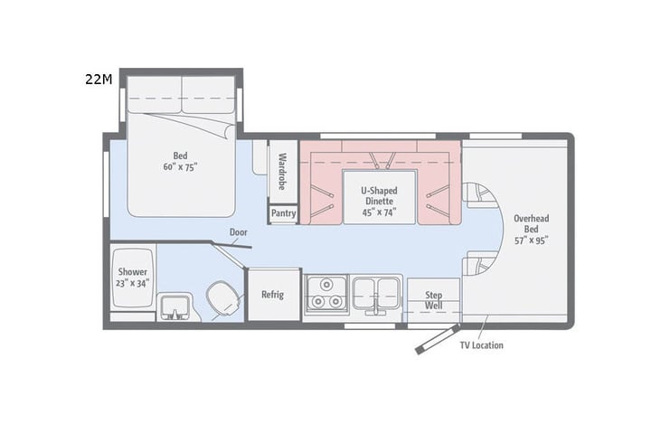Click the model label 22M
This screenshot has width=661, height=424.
tap(99, 80)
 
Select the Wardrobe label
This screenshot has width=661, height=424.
tap(282, 169)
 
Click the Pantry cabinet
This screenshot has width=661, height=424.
tap(283, 213)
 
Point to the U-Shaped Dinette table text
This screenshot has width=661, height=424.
tap(379, 195)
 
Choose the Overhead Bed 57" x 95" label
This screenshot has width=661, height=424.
tap(531, 229)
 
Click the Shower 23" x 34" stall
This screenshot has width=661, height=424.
tap(132, 277)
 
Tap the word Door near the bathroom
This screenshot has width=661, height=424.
tap(239, 232)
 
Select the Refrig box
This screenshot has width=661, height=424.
tap(273, 295)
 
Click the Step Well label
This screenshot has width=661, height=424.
tap(433, 300)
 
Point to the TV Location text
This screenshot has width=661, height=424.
tap(481, 345)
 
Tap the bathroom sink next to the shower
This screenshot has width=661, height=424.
tap(174, 306)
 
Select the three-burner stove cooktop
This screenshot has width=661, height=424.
tap(325, 295)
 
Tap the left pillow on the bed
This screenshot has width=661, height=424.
tap(155, 94)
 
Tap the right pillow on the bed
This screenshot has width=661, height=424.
tap(208, 94)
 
